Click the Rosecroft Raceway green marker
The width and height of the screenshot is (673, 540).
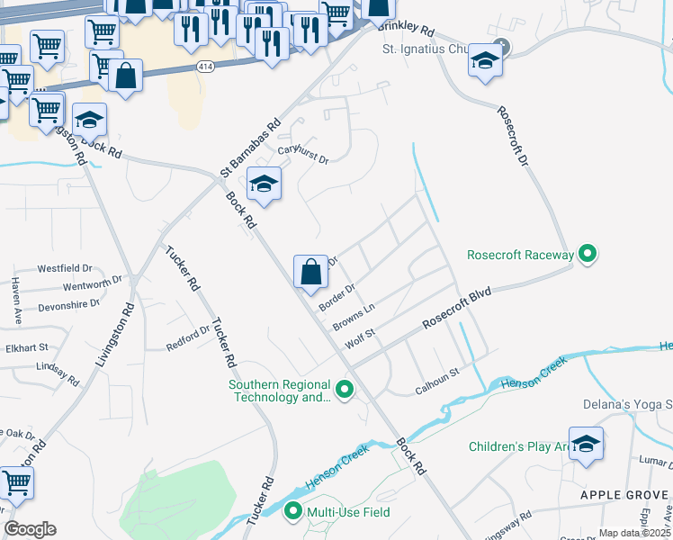click(588, 255)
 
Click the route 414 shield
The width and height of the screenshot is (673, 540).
click(206, 67)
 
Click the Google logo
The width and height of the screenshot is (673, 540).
click(30, 528)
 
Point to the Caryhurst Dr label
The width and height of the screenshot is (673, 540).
click(303, 155)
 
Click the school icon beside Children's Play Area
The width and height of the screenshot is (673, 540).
click(586, 444)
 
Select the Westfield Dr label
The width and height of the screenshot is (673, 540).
click(65, 268)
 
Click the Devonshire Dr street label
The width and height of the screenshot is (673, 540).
click(68, 305)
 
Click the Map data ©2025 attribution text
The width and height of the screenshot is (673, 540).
click(634, 533)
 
